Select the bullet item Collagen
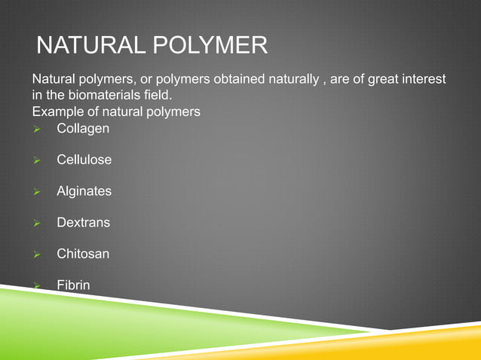tap(82, 129)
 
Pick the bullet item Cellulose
tap(84, 160)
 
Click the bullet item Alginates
tap(84, 191)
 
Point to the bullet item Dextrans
tap(83, 223)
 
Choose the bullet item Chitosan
tap(82, 254)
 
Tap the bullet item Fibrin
tap(73, 285)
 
